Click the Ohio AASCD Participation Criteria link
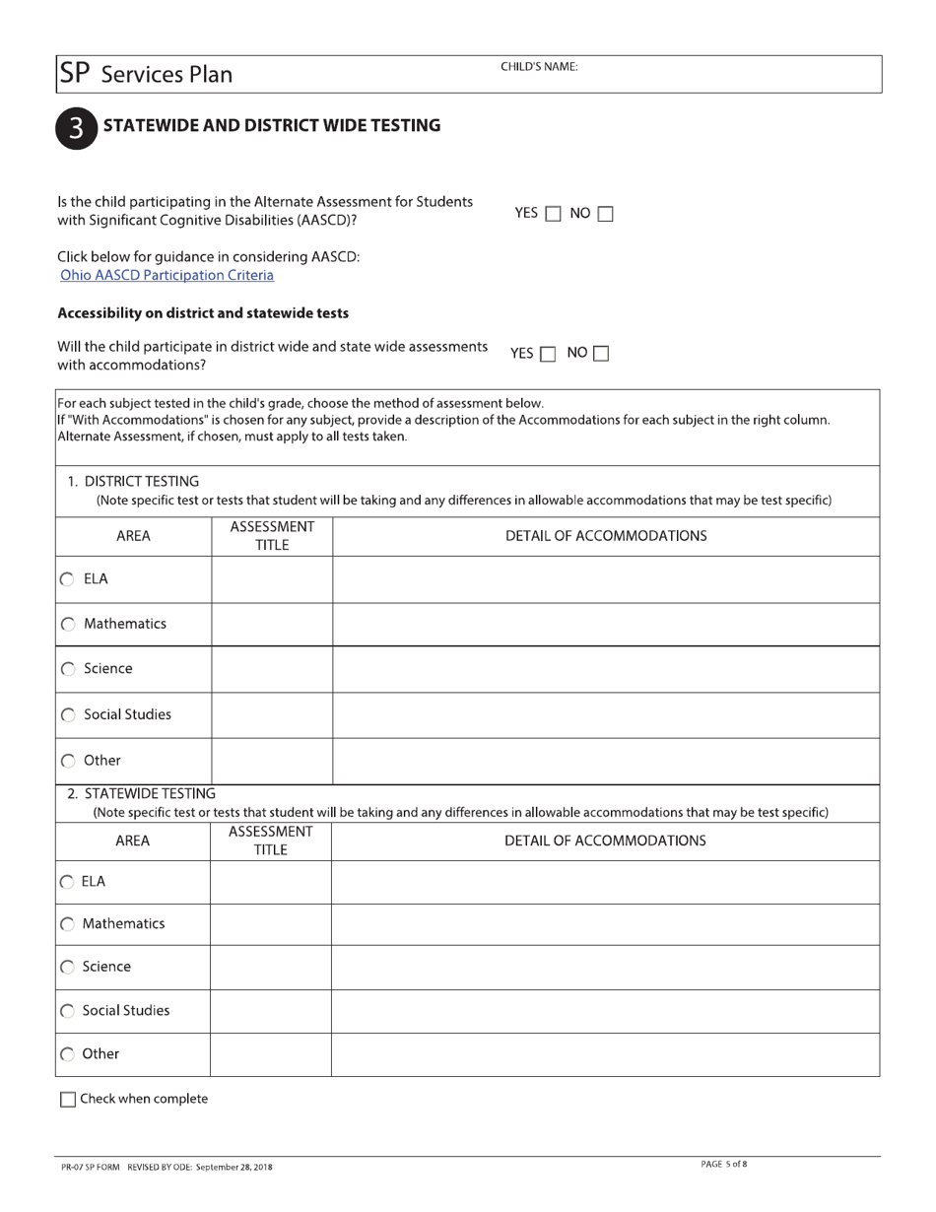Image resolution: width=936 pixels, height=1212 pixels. click(167, 275)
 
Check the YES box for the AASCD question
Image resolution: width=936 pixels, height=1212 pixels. click(553, 214)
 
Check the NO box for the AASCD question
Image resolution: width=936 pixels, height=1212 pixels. click(605, 214)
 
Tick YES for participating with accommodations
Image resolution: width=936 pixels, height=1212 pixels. click(549, 354)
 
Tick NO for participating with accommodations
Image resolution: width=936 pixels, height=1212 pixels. click(601, 354)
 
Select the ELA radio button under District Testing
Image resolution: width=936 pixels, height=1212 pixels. click(68, 579)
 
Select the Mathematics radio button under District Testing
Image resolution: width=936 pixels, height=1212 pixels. click(68, 625)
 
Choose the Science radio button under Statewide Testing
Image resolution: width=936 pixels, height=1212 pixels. click(67, 968)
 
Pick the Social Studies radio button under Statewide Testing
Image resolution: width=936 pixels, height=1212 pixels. click(67, 1011)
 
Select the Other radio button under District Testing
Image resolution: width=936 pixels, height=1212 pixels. click(68, 762)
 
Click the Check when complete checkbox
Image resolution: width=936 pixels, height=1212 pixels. click(68, 1100)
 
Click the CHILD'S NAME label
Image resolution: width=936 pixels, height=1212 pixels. click(539, 67)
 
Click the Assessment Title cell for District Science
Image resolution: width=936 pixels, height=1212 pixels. click(271, 669)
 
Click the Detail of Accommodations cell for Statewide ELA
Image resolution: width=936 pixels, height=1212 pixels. click(605, 882)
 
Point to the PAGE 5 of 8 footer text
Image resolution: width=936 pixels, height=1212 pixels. click(723, 1165)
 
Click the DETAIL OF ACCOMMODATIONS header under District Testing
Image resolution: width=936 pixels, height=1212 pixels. click(605, 536)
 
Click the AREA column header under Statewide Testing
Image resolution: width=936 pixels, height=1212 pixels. click(133, 841)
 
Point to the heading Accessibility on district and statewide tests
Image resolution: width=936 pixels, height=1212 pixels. click(203, 313)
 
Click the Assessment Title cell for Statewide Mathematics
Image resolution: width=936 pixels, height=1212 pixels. click(270, 924)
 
